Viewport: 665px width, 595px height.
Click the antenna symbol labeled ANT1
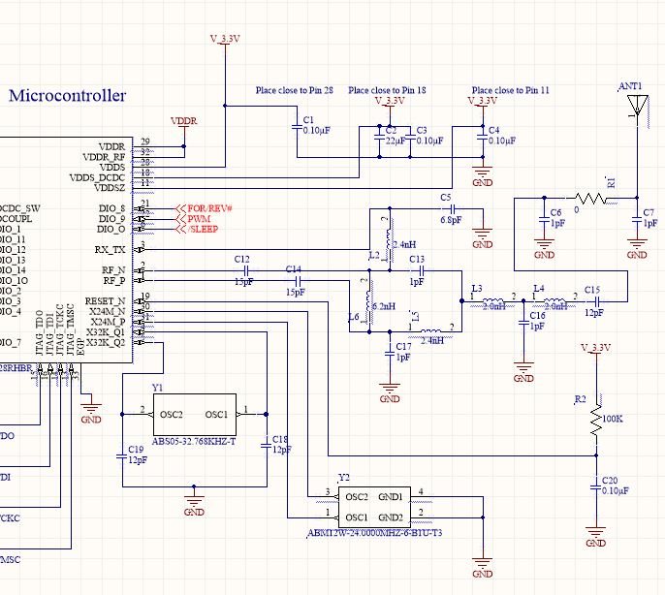[x=637, y=107]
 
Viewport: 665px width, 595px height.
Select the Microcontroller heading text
[x=68, y=96]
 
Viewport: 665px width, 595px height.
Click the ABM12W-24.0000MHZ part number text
[x=375, y=532]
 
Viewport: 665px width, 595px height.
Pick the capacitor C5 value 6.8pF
[x=452, y=220]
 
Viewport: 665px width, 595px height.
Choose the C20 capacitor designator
[x=609, y=480]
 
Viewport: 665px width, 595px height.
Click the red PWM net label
[x=199, y=220]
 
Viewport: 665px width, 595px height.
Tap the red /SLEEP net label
[x=202, y=231]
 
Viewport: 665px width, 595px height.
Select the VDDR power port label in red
[x=183, y=121]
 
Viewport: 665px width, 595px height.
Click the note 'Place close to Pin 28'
[x=295, y=90]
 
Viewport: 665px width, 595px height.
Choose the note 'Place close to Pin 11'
[x=510, y=90]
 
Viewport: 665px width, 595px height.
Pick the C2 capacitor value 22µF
[x=395, y=141]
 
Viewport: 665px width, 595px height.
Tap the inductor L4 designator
[x=538, y=289]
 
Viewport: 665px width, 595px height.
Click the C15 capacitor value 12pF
[x=592, y=312]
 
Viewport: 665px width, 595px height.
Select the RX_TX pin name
[x=111, y=250]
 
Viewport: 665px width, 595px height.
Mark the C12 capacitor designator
[x=242, y=259]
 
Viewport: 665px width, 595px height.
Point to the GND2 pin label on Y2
[x=391, y=516]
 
